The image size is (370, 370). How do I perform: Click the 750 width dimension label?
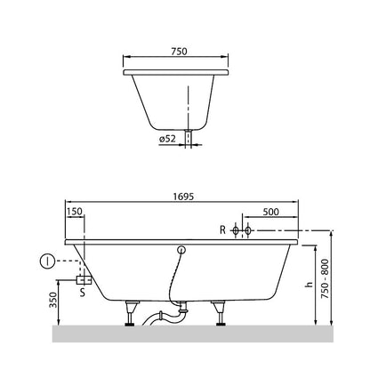[x=179, y=52]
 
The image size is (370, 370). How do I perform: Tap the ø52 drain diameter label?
[x=167, y=139]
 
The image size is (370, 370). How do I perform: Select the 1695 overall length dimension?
[x=183, y=197]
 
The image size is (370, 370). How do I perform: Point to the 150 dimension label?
[x=75, y=212]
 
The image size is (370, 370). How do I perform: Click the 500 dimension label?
[x=270, y=212]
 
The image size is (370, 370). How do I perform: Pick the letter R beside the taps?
[x=222, y=229]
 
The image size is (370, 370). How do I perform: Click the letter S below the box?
[x=83, y=293]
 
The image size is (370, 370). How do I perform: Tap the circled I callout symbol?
[x=47, y=261]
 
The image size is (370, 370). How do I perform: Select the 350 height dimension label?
[x=52, y=300]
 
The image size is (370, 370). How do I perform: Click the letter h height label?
[x=309, y=285]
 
